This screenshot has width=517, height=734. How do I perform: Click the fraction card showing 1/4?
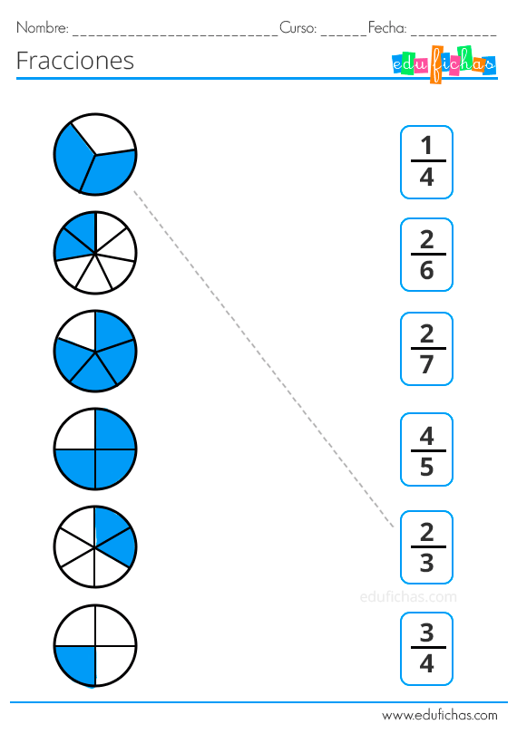coord(426,162)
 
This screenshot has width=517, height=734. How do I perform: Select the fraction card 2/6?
coord(426,255)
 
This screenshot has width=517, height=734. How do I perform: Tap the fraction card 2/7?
coord(426,349)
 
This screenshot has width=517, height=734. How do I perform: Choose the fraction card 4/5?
coord(426,449)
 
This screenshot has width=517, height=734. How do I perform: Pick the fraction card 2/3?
coord(426,547)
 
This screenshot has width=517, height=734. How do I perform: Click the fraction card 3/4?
coord(426,649)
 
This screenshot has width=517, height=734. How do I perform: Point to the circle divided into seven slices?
coord(95,253)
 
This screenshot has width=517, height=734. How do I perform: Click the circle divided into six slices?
coord(95,546)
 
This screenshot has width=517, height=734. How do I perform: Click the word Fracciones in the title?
coord(75,61)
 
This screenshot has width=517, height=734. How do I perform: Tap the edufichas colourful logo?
coord(444,64)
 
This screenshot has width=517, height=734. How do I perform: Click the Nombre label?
coord(43,28)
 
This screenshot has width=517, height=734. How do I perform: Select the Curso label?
coord(298,28)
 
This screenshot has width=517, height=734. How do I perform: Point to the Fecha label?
coord(387,28)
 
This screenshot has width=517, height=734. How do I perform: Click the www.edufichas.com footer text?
coord(440,715)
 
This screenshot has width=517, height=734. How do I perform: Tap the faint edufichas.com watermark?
coord(408,596)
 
